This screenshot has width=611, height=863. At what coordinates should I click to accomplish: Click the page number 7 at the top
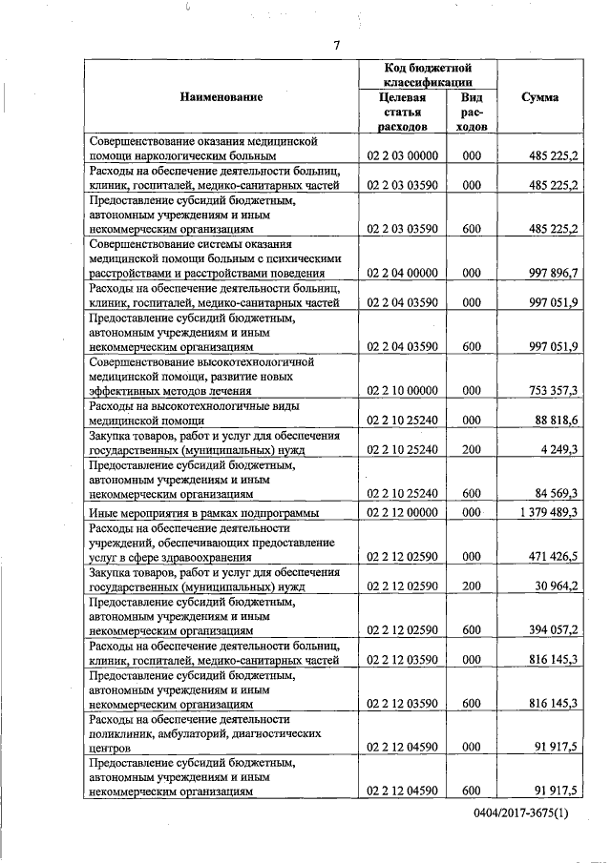[x=336, y=45]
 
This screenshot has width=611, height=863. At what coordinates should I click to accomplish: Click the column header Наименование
[x=221, y=97]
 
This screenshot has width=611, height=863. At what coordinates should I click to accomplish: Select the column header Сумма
[x=541, y=97]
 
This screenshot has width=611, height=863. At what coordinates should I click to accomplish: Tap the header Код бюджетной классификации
[x=429, y=75]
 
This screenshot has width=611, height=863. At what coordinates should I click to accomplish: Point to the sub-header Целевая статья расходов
[x=402, y=112]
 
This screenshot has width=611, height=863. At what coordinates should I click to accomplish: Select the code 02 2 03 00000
[x=402, y=154]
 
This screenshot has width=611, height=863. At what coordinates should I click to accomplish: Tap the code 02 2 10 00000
[x=402, y=390]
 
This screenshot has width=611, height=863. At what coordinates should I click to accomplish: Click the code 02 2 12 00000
[x=402, y=512]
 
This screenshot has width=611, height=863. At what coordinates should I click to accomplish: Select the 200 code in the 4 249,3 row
[x=471, y=449]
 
